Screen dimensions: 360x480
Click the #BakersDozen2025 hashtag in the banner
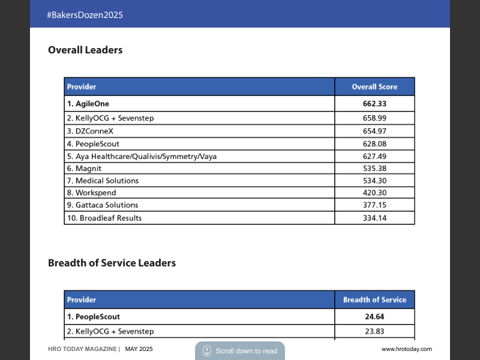(x=85, y=15)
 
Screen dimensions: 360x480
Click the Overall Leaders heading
(x=85, y=50)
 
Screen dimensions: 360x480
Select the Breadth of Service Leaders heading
(x=112, y=263)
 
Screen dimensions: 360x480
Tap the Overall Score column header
(x=374, y=87)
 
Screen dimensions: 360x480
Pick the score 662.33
(x=374, y=104)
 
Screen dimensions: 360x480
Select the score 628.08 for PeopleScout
(x=374, y=144)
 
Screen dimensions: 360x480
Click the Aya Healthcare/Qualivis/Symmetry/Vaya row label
(x=142, y=157)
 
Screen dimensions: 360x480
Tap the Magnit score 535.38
(x=374, y=169)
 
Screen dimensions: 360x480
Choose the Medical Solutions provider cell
(x=103, y=181)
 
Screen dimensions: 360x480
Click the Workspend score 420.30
(x=374, y=193)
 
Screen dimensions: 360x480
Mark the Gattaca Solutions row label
(x=103, y=205)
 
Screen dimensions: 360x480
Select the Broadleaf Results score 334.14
(x=374, y=218)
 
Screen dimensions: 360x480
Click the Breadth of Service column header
(x=374, y=300)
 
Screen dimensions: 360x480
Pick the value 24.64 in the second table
(x=374, y=317)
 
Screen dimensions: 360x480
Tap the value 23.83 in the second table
(x=374, y=331)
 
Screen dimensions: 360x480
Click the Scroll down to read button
(x=240, y=351)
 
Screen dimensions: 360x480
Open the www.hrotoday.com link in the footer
(x=406, y=349)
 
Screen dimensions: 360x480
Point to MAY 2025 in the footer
(x=139, y=349)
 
